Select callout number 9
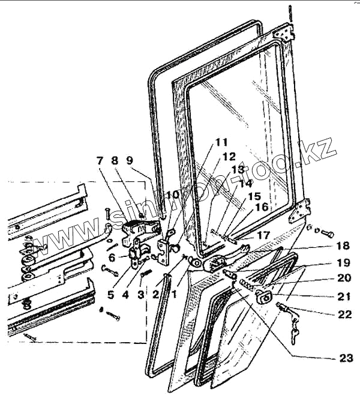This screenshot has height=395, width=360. tap(130, 160)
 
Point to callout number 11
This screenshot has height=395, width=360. tap(221, 142)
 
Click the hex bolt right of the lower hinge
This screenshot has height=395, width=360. tap(327, 232)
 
